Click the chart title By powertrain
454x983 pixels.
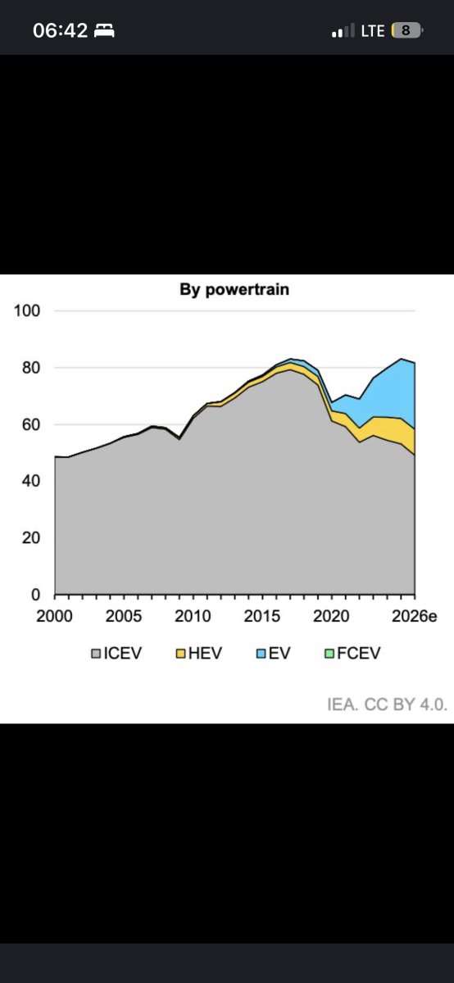[x=234, y=290]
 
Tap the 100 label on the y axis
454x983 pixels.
[x=27, y=310]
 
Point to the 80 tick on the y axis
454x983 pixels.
[x=31, y=368]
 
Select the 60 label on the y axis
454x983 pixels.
[x=31, y=424]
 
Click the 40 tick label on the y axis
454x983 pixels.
[x=31, y=481]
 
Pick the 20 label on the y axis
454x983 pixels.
[x=31, y=538]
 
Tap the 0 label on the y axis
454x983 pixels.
[x=35, y=595]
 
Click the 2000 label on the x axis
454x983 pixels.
[x=54, y=616]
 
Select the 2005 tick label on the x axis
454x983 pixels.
[x=124, y=616]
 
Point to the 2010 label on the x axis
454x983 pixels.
[x=193, y=616]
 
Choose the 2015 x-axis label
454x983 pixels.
[x=262, y=616]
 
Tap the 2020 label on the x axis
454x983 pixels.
[x=331, y=616]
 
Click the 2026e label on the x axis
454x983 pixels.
[x=415, y=616]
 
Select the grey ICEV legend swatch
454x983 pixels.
[x=96, y=654]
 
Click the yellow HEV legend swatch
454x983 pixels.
[x=180, y=654]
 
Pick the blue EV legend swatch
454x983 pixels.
[x=261, y=654]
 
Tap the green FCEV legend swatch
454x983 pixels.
[x=329, y=654]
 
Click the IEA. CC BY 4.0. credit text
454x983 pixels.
[x=388, y=704]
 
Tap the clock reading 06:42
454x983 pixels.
[x=60, y=31]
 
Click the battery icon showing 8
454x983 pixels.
[x=407, y=31]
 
